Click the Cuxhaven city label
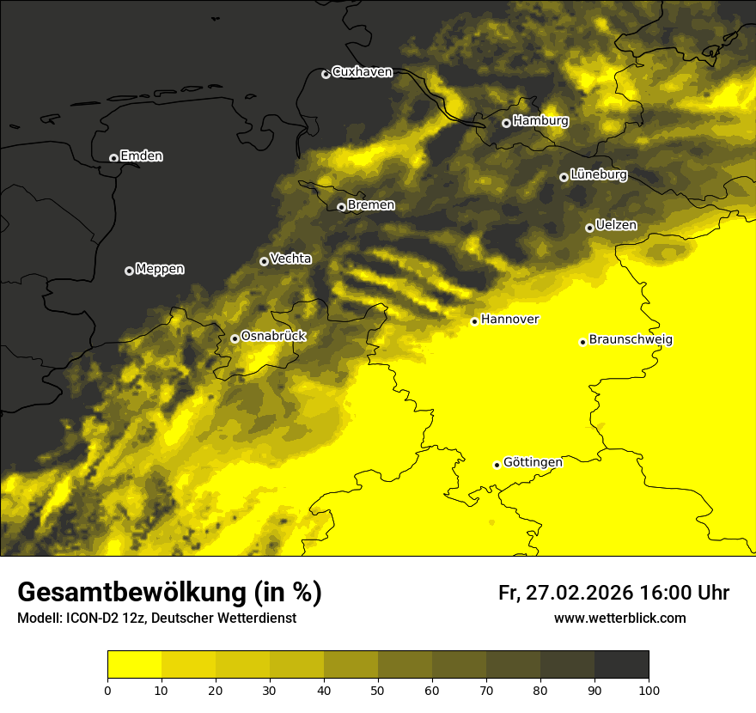tap(362, 72)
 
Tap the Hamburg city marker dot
tap(506, 123)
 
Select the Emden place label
tap(142, 156)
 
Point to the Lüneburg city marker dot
tap(564, 177)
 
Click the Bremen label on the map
tap(371, 205)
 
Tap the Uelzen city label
tap(616, 225)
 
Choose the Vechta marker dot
tap(264, 261)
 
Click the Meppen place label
tap(160, 269)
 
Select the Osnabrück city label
tap(273, 336)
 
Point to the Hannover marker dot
tap(474, 321)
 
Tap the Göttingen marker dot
tap(497, 465)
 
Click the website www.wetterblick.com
tap(619, 618)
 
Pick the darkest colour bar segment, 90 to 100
tap(621, 665)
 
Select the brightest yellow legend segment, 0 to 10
tap(134, 665)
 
